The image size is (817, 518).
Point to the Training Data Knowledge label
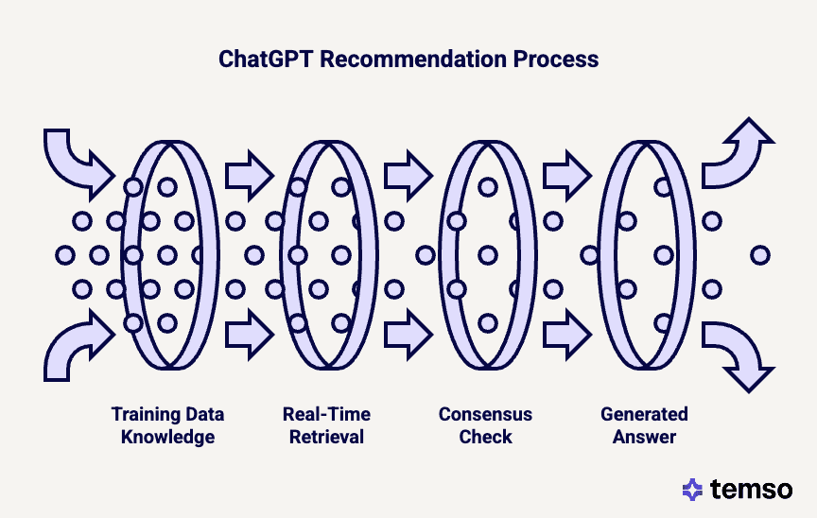[167, 425]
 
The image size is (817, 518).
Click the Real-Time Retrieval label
[326, 425]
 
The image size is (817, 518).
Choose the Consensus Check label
[485, 425]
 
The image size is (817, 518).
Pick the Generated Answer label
[644, 425]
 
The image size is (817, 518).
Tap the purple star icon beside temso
[693, 490]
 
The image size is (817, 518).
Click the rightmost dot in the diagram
[759, 254]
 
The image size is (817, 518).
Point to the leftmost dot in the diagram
[64, 255]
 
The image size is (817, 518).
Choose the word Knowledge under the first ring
[167, 437]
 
